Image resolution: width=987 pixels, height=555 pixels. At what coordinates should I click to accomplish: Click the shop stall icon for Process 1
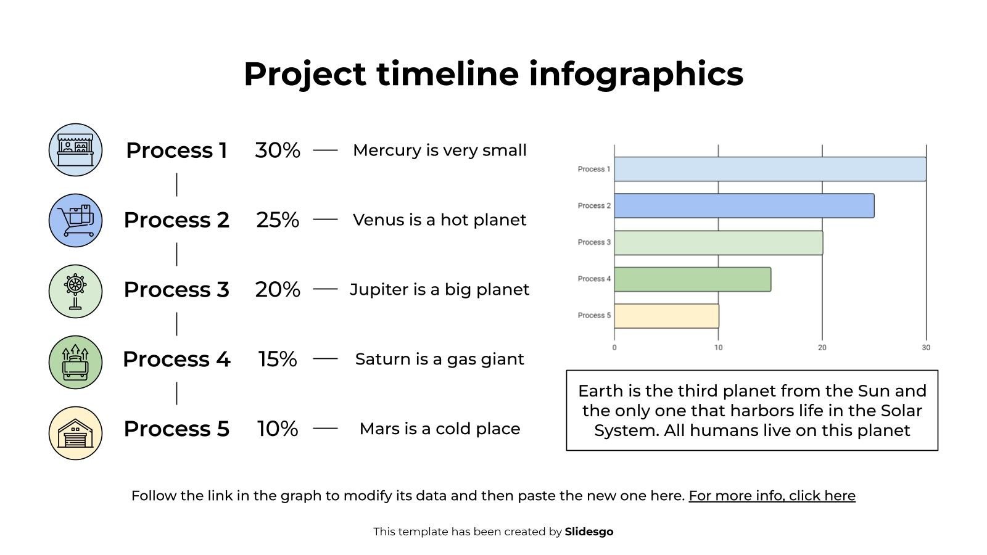[x=75, y=150]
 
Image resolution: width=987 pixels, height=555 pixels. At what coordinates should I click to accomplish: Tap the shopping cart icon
[x=75, y=220]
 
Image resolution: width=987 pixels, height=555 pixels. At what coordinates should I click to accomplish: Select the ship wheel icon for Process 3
[x=75, y=290]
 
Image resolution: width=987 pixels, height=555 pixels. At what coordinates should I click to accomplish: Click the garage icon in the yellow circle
[x=75, y=433]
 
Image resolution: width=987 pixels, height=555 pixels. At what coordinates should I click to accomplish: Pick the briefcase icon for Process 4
[x=75, y=362]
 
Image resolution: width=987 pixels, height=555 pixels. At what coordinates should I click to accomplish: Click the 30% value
[x=278, y=150]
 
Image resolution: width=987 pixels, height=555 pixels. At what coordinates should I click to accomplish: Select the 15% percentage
[x=278, y=359]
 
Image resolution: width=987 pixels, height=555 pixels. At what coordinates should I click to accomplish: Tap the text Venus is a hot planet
[x=439, y=220]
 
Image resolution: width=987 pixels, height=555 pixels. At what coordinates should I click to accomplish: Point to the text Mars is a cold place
[x=439, y=429]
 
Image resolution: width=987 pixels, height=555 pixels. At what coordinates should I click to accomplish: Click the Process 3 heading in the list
[x=176, y=289]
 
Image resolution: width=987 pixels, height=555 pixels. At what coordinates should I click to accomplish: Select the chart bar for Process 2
[x=743, y=206]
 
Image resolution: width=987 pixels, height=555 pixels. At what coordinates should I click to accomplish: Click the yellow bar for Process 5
[x=666, y=316]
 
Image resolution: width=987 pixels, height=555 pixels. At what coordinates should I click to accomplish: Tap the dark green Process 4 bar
[x=692, y=279]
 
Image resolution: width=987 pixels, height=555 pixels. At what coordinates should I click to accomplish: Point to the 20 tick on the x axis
[x=822, y=348]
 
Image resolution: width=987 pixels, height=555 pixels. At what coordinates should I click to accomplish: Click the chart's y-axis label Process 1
[x=593, y=169]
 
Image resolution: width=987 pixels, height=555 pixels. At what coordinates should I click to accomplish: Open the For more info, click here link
[x=772, y=496]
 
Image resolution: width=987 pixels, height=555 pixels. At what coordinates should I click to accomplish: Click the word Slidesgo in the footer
[x=588, y=532]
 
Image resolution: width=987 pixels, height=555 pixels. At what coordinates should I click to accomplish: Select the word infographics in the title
[x=636, y=74]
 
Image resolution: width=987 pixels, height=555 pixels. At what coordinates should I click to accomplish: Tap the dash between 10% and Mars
[x=325, y=428]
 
